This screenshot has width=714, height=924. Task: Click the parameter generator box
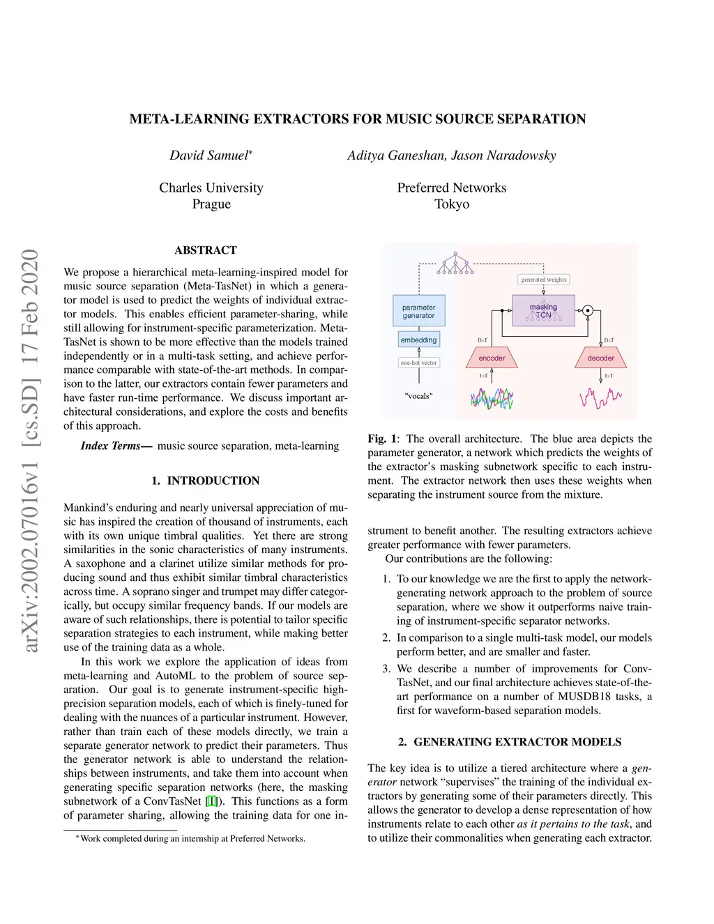coord(418,312)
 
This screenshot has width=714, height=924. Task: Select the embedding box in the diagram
coord(418,340)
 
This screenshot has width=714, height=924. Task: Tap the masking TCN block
coord(543,311)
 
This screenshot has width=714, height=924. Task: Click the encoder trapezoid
coord(492,358)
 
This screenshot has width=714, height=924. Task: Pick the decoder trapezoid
coord(600,358)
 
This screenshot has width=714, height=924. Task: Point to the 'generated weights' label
coord(544,280)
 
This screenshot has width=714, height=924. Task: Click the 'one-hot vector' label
coord(418,363)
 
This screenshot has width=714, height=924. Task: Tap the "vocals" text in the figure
coord(418,396)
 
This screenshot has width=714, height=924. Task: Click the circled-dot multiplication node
coord(588,311)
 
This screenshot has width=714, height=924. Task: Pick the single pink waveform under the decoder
coord(600,398)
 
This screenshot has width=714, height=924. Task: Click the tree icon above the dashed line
coord(455,264)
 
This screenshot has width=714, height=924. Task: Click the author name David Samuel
coord(209,156)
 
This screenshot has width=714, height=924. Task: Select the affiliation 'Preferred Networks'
coord(452,188)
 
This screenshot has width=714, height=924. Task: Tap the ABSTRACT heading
coord(206,250)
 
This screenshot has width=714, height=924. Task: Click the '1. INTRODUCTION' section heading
coord(206,480)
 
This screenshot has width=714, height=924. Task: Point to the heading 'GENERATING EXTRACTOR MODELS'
coord(517,742)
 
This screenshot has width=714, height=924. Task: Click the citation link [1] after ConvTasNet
coord(211,801)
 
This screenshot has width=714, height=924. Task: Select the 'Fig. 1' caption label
coord(381,439)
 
